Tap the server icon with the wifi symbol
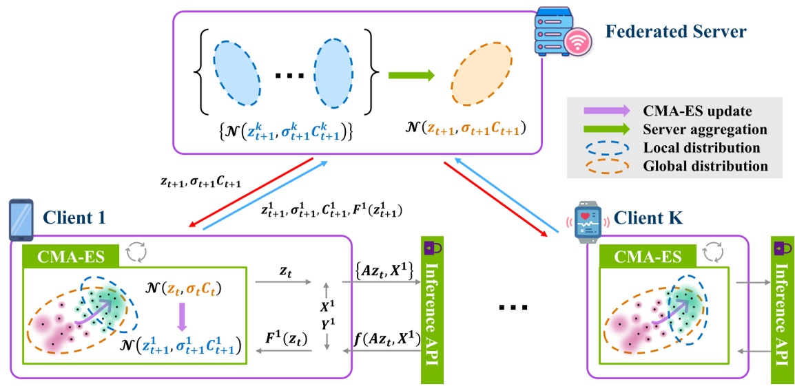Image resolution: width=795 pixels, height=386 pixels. point(557,34)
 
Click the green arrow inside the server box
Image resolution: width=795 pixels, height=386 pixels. point(412,76)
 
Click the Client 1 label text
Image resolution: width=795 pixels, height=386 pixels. point(73,218)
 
